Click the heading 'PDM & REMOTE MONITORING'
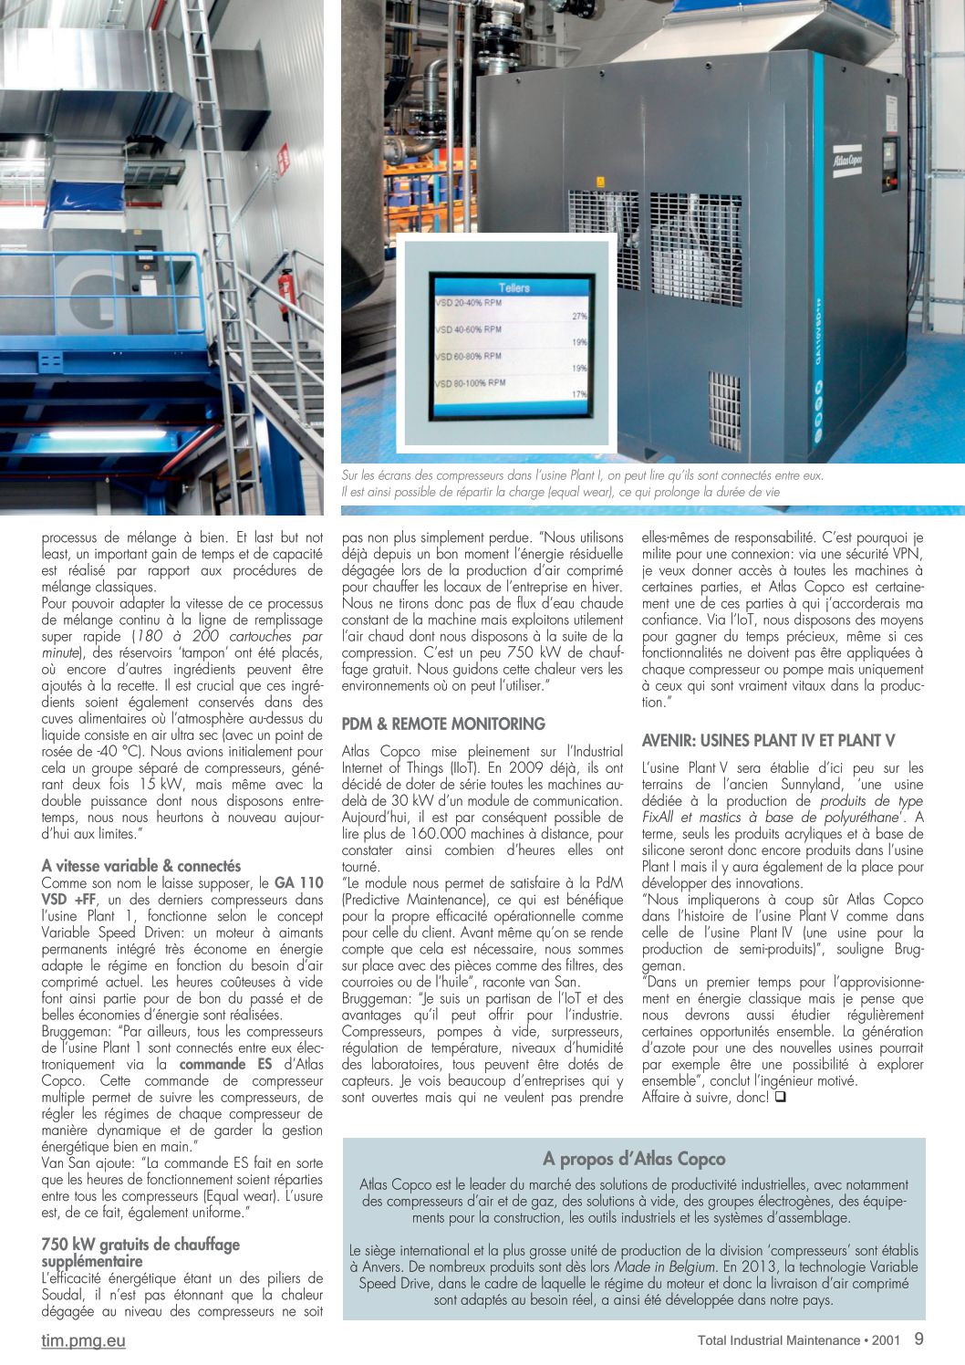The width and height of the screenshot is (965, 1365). click(443, 724)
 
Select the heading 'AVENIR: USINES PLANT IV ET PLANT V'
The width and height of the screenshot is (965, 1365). click(768, 740)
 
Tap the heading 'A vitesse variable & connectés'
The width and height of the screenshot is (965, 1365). click(141, 866)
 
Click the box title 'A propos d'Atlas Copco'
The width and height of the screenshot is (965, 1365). click(634, 1159)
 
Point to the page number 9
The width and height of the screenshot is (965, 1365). click(918, 1339)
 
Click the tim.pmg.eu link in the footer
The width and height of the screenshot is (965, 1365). click(83, 1340)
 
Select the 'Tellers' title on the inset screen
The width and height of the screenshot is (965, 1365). click(514, 287)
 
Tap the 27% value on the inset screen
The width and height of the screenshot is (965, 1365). click(579, 316)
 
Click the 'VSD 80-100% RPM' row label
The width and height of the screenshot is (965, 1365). click(471, 383)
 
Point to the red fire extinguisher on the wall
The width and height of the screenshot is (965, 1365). click(285, 289)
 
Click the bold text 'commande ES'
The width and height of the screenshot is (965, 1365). click(225, 1064)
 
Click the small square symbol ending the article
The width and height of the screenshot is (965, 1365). click(780, 1097)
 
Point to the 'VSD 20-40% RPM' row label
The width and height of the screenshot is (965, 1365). click(468, 302)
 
